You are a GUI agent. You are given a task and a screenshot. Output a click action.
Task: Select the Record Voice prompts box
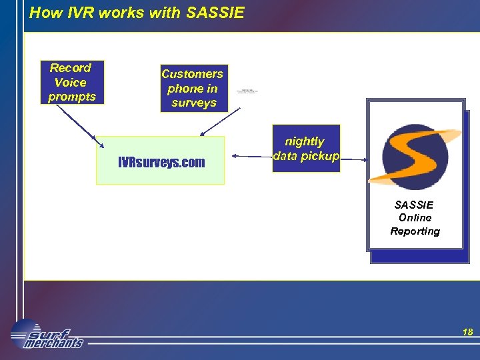tap(71, 83)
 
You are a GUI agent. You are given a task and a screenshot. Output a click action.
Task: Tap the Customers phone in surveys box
tap(193, 88)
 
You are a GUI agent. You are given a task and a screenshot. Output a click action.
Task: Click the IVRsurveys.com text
tap(161, 162)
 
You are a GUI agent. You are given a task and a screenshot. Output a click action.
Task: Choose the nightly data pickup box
tap(306, 149)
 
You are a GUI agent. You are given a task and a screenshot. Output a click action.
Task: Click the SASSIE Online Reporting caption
tap(415, 218)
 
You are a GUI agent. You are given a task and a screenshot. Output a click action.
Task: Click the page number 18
tap(467, 332)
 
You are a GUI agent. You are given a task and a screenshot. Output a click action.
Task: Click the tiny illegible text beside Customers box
tap(246, 91)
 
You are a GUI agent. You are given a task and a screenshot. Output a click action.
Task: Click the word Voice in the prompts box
tap(71, 83)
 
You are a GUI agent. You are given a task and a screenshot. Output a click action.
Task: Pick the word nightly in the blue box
tap(305, 141)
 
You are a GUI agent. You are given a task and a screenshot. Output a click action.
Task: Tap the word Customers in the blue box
tap(192, 74)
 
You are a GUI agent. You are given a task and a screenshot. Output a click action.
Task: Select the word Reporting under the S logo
tap(415, 231)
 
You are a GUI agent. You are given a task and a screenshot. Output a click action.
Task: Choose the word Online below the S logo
tap(415, 218)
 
